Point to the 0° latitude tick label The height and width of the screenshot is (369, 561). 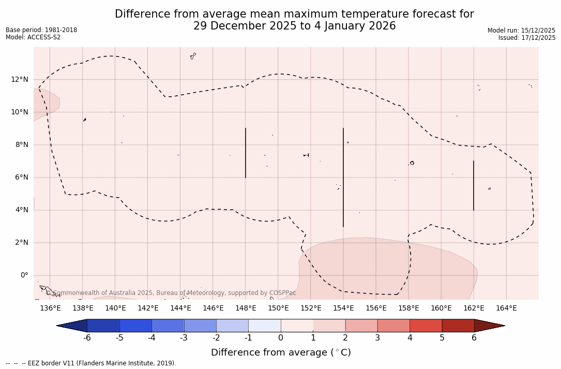pos(24,275)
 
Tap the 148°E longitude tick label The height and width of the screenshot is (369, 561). pos(246,308)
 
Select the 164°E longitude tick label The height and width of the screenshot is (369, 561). pos(506,308)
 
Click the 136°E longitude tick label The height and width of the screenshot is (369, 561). pos(50,308)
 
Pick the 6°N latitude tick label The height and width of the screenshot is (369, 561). pos(22,178)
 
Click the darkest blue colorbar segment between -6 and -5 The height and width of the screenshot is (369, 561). pos(103,326)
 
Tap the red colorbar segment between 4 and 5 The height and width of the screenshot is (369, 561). pos(426,326)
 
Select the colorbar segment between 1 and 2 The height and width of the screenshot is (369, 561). pos(329,326)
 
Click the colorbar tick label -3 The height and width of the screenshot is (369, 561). pos(183,338)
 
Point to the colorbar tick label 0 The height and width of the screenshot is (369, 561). pos(281,338)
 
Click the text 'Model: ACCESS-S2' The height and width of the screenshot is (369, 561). pos(33,37)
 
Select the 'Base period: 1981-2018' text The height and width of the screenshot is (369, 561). pos(41,30)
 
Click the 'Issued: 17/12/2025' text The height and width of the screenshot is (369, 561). pos(527,38)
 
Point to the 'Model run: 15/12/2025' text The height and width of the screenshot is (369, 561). pos(521,31)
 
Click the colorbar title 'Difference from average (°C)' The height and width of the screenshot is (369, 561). pos(281,352)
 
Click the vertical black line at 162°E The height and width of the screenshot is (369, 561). pos(474,185)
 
